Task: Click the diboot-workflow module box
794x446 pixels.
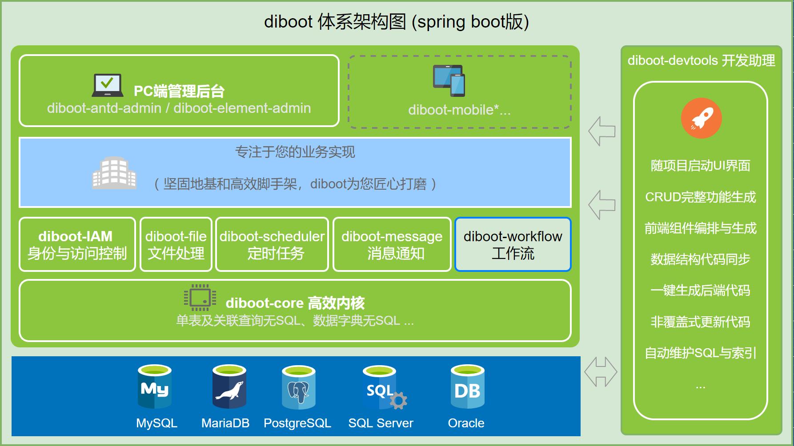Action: (x=513, y=244)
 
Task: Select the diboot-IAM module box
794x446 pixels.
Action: (x=77, y=244)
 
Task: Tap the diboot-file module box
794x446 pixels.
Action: (x=176, y=244)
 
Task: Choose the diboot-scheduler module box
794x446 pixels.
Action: (x=272, y=244)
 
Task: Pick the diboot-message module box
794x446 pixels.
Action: (x=392, y=244)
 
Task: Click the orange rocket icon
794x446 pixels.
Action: (x=701, y=118)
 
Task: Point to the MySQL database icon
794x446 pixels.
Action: (x=155, y=387)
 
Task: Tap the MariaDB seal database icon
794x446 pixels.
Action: (x=229, y=387)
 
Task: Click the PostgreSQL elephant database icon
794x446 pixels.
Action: (x=298, y=387)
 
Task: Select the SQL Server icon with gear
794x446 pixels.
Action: (x=382, y=388)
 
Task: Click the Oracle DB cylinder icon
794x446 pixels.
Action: (x=467, y=387)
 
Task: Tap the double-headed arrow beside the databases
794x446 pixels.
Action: (x=601, y=372)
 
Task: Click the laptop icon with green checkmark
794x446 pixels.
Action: (x=108, y=85)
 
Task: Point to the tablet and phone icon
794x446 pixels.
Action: (x=449, y=81)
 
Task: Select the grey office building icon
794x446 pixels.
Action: (x=114, y=173)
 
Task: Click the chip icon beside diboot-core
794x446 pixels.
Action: (x=200, y=297)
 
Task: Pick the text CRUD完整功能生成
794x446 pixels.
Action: (x=700, y=197)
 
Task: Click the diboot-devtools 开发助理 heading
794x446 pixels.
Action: (x=701, y=60)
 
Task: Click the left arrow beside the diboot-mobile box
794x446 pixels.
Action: (x=602, y=131)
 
